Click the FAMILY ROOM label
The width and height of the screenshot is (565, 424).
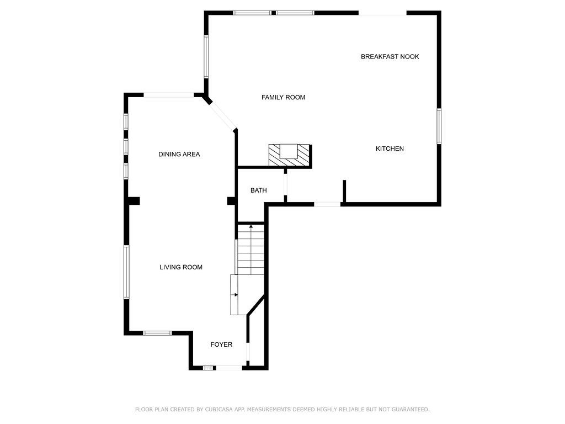coord(283,97)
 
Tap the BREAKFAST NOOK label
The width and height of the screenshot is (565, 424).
coord(390,57)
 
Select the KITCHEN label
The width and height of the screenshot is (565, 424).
coord(390,149)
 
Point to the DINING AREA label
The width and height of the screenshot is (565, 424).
coord(179,155)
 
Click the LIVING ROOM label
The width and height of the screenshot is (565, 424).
coord(181,267)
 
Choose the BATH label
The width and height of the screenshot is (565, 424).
coord(259,190)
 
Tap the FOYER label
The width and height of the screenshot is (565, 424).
coord(221,344)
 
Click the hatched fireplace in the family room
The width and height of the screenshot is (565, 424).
coord(289,155)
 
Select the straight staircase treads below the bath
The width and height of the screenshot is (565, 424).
coord(251,250)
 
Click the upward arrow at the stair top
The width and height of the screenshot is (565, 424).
coord(251,227)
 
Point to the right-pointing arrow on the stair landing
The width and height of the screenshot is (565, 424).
coord(236,295)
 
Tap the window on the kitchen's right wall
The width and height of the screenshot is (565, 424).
coord(439,126)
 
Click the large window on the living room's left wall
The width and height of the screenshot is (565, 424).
coord(126,272)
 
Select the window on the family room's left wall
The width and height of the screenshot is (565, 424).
coord(206,56)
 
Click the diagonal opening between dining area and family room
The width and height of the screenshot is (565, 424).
coord(222,116)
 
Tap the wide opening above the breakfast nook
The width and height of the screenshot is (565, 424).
coord(383,13)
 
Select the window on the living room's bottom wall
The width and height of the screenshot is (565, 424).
coord(157,333)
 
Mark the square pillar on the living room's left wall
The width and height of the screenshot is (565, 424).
coord(134,201)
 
